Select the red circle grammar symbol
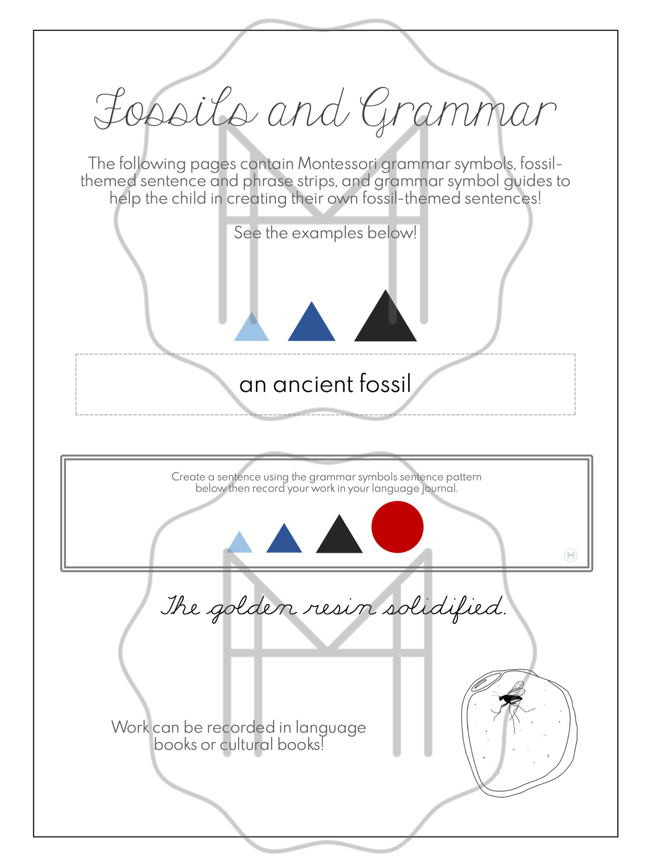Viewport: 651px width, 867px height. [397, 527]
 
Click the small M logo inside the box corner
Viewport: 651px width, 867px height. [571, 555]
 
